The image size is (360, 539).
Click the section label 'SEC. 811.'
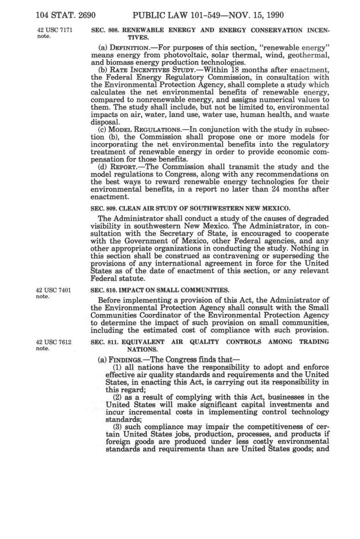(102, 342)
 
